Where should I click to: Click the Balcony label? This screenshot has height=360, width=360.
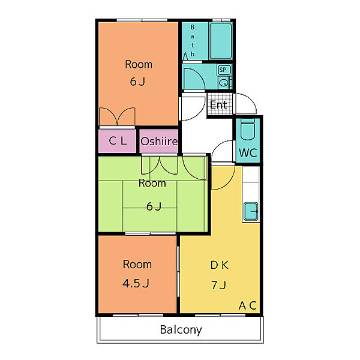click(x=181, y=330)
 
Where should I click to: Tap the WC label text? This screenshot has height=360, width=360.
click(x=248, y=152)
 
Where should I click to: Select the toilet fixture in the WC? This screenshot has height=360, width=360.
click(x=248, y=129)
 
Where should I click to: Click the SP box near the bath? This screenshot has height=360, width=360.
click(x=223, y=70)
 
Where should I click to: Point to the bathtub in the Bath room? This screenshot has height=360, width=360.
click(x=221, y=41)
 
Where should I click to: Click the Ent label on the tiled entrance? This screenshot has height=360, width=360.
click(x=218, y=105)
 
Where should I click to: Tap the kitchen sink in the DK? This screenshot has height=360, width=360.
click(x=251, y=211)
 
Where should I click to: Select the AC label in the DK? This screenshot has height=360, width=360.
click(x=247, y=305)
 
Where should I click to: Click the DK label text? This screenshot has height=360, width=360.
click(x=220, y=265)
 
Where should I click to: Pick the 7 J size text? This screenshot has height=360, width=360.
click(x=219, y=286)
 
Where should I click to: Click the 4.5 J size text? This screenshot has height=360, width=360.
click(x=136, y=283)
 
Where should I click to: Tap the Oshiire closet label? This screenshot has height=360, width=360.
click(x=159, y=142)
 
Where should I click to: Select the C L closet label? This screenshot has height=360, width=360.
click(x=118, y=141)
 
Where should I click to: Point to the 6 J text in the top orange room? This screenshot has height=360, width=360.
click(x=137, y=82)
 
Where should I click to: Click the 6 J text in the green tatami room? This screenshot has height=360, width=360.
click(x=154, y=206)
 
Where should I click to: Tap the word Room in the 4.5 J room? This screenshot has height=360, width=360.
click(x=137, y=265)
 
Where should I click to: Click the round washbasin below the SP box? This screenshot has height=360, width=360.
click(x=223, y=83)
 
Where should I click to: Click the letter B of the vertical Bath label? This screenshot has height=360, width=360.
click(x=193, y=27)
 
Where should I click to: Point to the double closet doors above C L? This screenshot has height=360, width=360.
click(x=117, y=116)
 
